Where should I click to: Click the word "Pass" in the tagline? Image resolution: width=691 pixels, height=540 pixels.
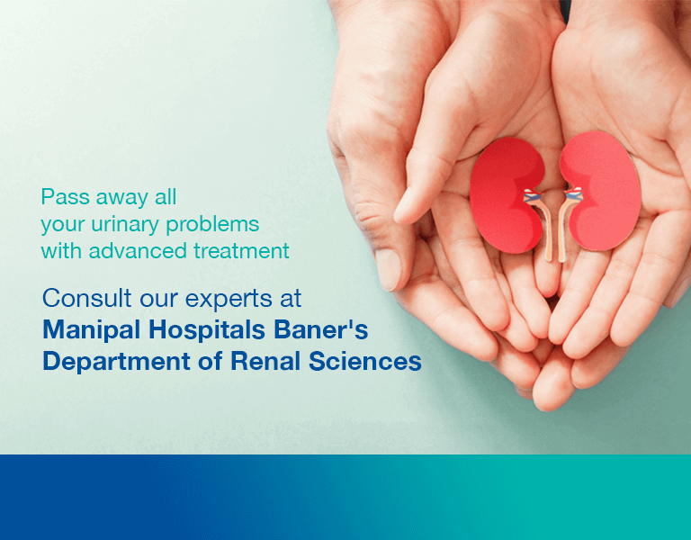65,196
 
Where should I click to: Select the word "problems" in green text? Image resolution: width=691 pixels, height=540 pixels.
212,225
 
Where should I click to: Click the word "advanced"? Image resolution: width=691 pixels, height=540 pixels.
138,251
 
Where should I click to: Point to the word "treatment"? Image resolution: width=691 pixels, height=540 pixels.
241,251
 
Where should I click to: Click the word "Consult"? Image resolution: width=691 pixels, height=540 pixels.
86,298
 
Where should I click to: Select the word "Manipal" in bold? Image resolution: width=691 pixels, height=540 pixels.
93,330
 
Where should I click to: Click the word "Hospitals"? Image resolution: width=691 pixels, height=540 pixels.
207,330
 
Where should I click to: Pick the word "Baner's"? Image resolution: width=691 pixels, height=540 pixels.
321,329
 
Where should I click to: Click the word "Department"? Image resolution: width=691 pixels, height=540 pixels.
116,362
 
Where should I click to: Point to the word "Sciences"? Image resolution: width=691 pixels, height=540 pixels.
365,362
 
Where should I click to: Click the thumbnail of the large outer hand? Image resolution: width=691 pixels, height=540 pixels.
389,269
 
